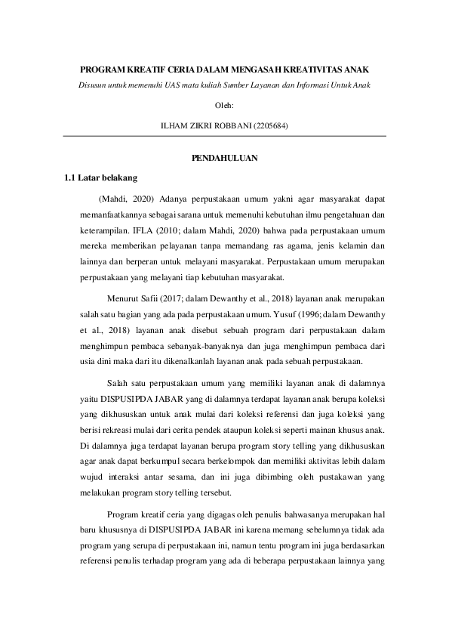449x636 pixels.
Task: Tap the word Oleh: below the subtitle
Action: [x=225, y=104]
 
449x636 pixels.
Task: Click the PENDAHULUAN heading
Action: [x=225, y=158]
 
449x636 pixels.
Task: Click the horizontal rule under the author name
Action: [x=225, y=136]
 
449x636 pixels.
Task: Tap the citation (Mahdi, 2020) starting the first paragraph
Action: [x=125, y=199]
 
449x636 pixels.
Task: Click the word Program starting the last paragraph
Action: [x=123, y=514]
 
